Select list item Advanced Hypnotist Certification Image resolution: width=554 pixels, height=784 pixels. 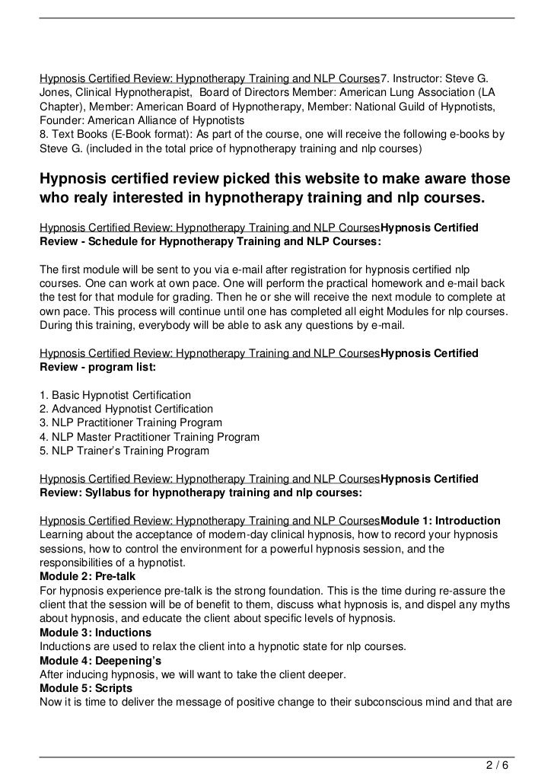126,410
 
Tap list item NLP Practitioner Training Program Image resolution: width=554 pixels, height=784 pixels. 130,423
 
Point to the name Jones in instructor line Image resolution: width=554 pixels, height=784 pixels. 56,91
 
